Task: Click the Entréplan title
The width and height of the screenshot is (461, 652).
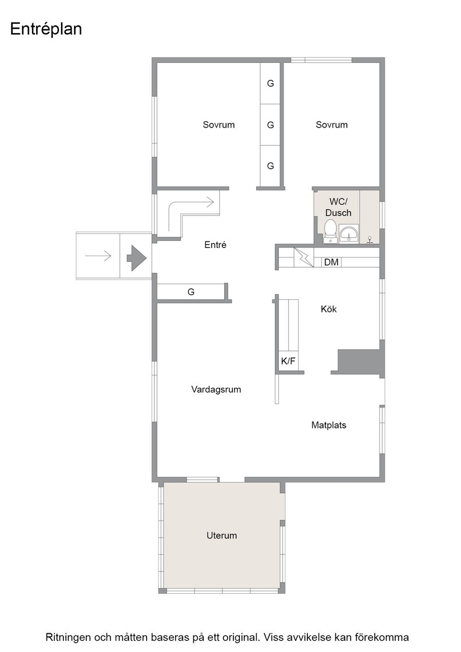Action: [46, 30]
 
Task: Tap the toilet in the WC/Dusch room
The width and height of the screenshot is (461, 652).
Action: [331, 231]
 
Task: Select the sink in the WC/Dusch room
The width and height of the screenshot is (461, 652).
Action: [348, 233]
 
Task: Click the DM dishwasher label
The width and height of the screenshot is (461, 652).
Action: [331, 263]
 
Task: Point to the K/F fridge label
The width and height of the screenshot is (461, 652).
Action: [288, 361]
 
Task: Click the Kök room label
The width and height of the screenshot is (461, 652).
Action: [329, 309]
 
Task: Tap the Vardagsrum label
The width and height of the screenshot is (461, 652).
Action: [216, 389]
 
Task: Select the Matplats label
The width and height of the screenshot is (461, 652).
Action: [329, 425]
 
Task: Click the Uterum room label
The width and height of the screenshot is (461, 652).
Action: [222, 536]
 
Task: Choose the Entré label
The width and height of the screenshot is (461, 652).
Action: [215, 245]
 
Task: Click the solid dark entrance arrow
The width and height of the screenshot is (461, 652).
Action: [136, 258]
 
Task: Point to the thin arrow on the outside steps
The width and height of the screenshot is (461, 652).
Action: [98, 256]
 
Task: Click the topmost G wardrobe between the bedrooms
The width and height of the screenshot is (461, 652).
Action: [271, 84]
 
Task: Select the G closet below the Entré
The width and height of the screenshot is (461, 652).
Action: [192, 292]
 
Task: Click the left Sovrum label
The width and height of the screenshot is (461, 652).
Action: [219, 125]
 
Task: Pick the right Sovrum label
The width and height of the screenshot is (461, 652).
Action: [332, 125]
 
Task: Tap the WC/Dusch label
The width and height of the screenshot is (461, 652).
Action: [338, 207]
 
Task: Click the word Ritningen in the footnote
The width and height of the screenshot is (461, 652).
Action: [68, 637]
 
